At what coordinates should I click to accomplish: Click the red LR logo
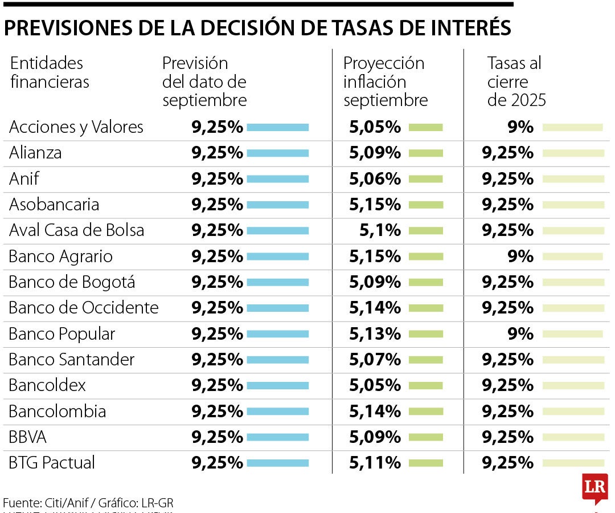(x=594, y=488)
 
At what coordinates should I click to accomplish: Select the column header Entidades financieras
(x=50, y=72)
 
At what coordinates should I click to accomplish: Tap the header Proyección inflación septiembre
(x=385, y=82)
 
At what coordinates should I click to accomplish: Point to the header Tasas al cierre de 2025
(x=516, y=82)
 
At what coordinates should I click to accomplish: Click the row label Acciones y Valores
(x=76, y=127)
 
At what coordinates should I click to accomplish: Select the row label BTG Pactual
(x=52, y=462)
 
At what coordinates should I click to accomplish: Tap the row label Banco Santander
(x=72, y=360)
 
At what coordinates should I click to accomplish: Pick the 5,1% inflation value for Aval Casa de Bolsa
(x=380, y=230)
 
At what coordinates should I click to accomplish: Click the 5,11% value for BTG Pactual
(x=375, y=462)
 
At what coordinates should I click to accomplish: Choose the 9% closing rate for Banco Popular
(x=520, y=333)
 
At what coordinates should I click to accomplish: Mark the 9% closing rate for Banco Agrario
(x=520, y=256)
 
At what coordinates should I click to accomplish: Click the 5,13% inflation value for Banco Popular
(x=375, y=333)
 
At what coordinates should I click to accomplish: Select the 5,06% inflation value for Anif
(x=375, y=179)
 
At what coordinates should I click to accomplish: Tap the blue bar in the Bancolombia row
(x=278, y=411)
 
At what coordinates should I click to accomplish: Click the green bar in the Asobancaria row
(x=425, y=205)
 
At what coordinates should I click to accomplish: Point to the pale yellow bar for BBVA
(x=573, y=437)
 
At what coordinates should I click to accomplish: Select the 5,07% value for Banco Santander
(x=375, y=360)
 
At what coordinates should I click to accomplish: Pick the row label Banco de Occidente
(x=84, y=308)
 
